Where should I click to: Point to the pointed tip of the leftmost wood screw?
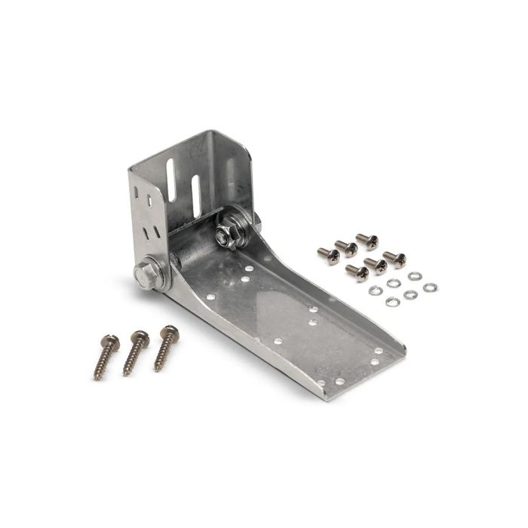pyautogui.click(x=96, y=377)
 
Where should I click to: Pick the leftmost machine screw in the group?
pyautogui.click(x=328, y=255)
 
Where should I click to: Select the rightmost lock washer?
pyautogui.click(x=430, y=287)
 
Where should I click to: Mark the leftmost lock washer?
pyautogui.click(x=373, y=290)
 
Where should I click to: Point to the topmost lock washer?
pyautogui.click(x=414, y=276)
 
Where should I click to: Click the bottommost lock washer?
pyautogui.click(x=391, y=302)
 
